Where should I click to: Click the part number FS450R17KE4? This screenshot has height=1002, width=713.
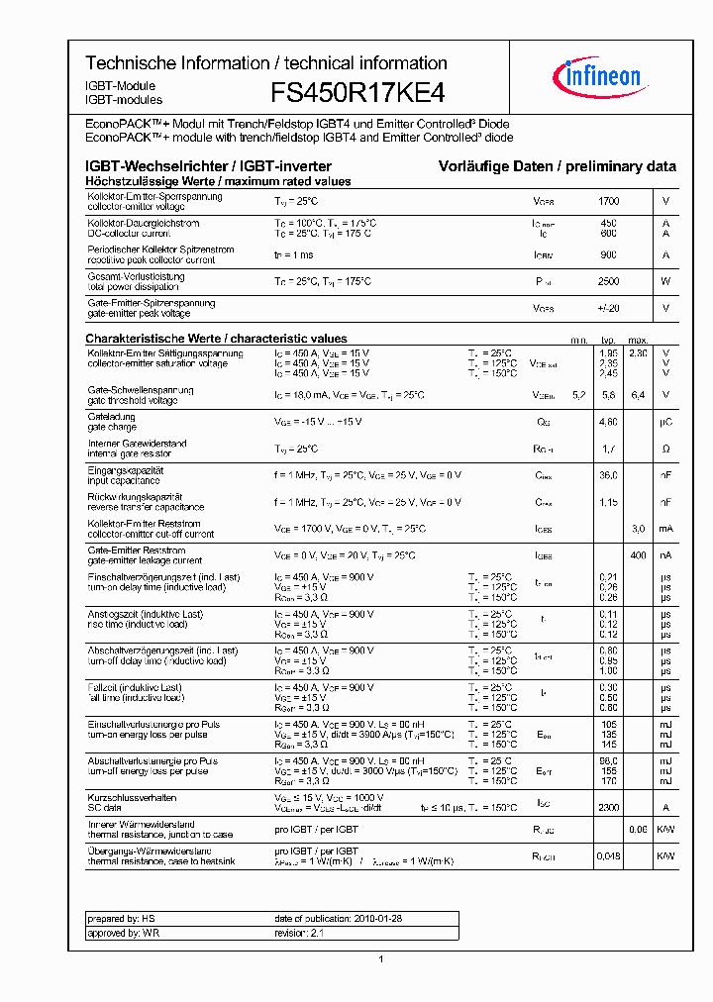click(357, 93)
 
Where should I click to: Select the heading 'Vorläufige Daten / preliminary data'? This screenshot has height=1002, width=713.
click(558, 166)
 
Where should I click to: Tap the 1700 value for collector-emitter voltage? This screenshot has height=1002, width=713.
click(609, 201)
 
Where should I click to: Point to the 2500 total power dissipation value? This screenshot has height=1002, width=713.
click(609, 282)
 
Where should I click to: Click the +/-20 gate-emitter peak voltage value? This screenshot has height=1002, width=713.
click(609, 308)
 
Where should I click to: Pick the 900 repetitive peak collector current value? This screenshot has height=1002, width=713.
click(609, 255)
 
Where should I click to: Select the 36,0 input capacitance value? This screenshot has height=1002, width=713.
click(609, 475)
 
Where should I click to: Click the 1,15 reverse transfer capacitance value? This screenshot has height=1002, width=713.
click(609, 502)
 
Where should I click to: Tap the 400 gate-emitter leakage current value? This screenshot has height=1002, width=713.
click(639, 555)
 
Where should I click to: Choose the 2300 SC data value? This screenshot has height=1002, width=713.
click(609, 808)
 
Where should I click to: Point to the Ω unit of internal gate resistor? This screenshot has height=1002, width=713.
click(666, 449)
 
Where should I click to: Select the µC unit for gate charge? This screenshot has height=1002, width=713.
click(666, 422)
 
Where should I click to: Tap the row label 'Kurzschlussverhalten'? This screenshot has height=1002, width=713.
click(132, 797)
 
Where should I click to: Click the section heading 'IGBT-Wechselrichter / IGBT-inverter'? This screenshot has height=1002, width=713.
click(208, 166)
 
